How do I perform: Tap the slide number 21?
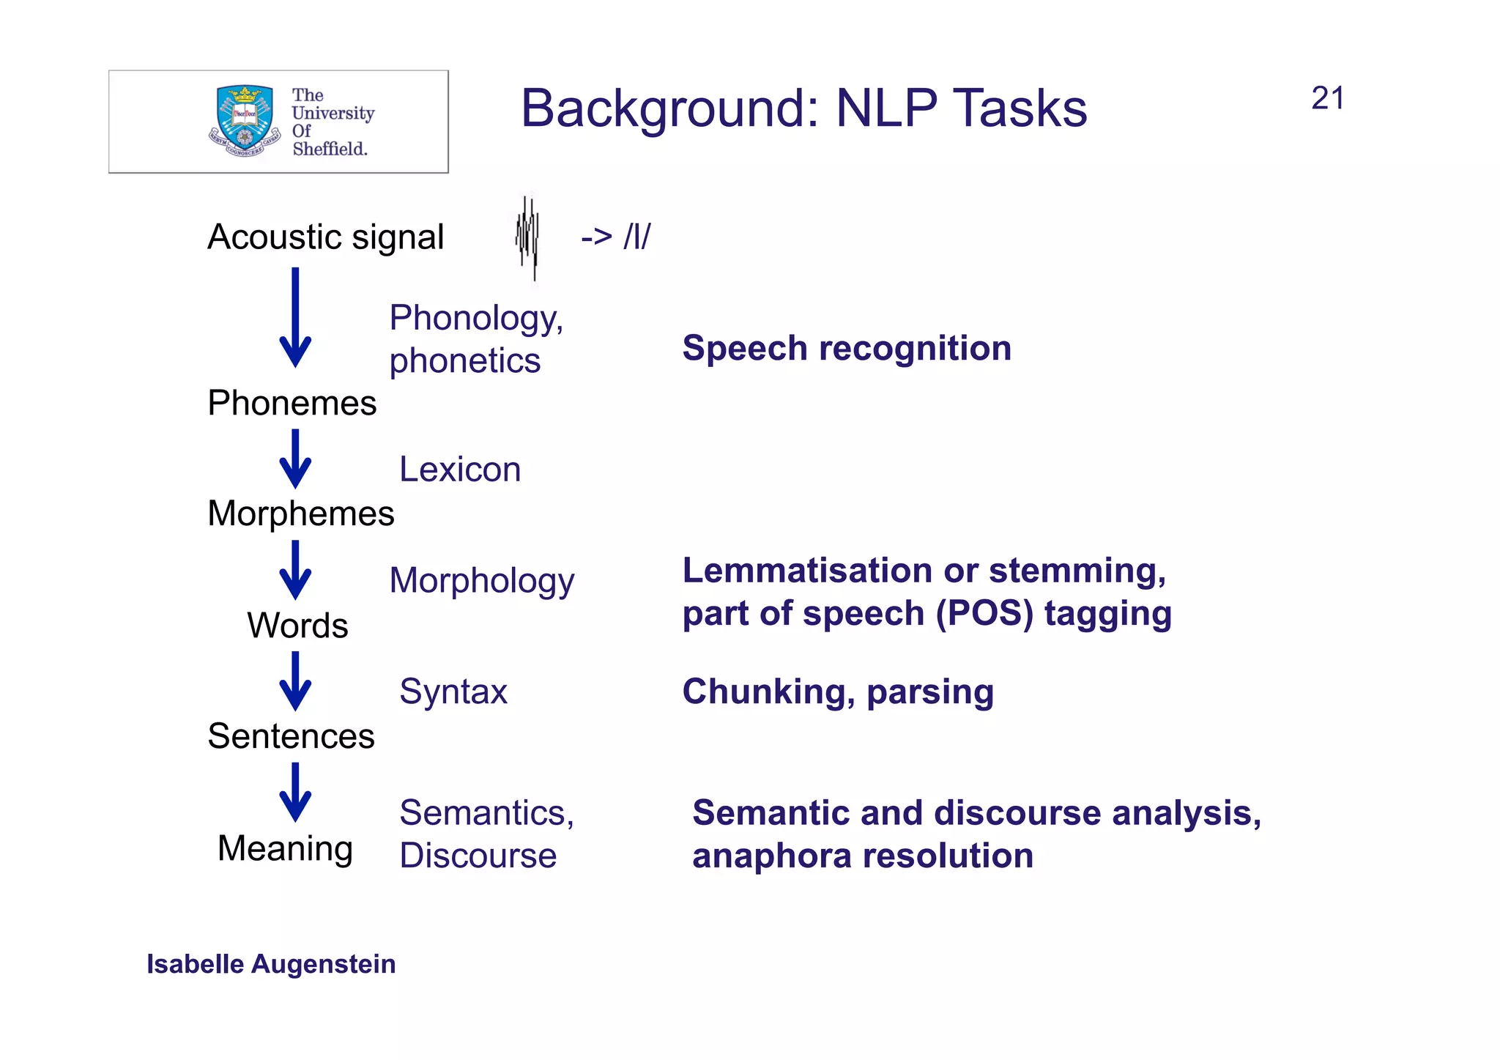[x=1327, y=98]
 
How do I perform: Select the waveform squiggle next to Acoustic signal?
[x=527, y=237]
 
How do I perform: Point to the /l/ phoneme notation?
[x=636, y=237]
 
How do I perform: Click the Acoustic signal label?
[x=325, y=237]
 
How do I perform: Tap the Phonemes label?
[x=292, y=403]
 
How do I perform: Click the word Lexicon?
[x=459, y=469]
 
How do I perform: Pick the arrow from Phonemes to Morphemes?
[x=295, y=459]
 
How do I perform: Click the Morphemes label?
[x=300, y=513]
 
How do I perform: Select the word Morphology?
[x=481, y=580]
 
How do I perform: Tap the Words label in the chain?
[x=297, y=625]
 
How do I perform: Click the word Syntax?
[x=453, y=692]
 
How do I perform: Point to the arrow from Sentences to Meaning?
[x=295, y=793]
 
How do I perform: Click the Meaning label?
[x=285, y=848]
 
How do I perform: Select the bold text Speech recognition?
[x=846, y=348]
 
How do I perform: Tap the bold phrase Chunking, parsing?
[x=837, y=692]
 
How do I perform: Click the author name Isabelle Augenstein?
[x=271, y=964]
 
